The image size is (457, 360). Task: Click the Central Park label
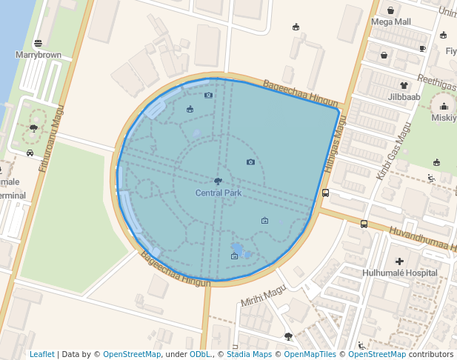[219, 193]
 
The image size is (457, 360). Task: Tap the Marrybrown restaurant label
[38, 55]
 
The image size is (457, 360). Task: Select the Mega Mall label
[391, 21]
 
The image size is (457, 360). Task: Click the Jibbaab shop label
[404, 96]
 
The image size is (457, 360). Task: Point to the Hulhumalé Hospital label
[400, 273]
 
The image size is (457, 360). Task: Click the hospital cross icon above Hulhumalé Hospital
[400, 261]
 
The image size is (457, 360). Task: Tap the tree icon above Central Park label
[218, 181]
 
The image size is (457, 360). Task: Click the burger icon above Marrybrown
[38, 43]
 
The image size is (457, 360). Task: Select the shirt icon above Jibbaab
[404, 85]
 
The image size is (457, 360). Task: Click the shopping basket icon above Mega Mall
[390, 10]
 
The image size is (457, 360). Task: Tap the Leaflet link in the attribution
[41, 354]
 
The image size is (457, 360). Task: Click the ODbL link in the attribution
[200, 354]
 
